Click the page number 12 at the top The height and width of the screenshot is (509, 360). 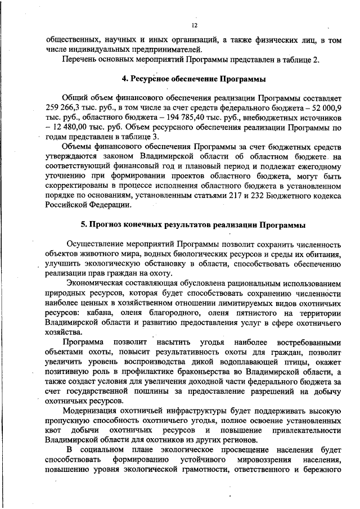point(194,26)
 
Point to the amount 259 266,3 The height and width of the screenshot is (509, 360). point(65,107)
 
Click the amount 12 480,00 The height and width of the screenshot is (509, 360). point(71,127)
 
